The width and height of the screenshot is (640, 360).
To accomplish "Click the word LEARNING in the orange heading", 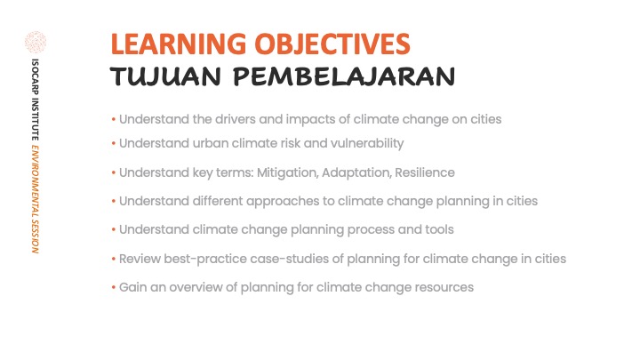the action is point(179,44).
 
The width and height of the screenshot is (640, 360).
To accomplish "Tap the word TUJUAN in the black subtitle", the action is point(165,76).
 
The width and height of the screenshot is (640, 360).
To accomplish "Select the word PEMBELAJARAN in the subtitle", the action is point(344,76).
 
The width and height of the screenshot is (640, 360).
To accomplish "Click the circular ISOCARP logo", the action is point(36,42).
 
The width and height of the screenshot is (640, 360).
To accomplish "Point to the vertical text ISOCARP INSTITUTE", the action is point(36,100).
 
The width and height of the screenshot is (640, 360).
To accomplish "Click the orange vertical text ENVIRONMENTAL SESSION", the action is point(36,199).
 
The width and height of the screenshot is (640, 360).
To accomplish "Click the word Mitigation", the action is point(287,173).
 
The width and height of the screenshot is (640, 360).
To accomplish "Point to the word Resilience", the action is point(425,172).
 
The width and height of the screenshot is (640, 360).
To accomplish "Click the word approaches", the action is point(290,202).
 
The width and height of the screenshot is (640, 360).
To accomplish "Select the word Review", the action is point(140,259).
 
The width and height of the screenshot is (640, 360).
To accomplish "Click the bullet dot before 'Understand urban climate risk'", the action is point(114,144).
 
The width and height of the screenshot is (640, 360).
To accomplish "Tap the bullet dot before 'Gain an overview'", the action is point(114,287).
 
